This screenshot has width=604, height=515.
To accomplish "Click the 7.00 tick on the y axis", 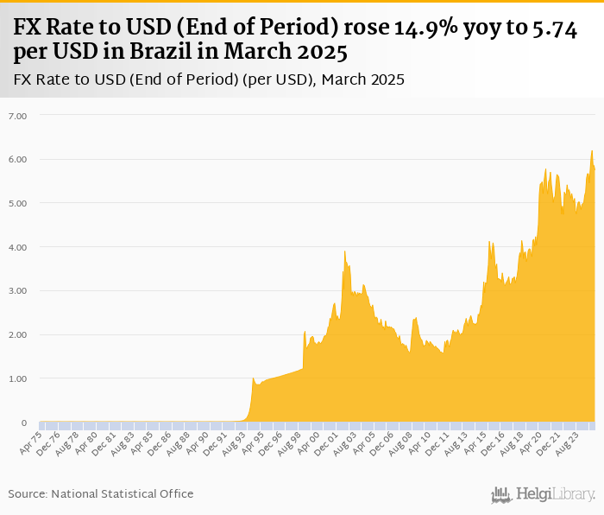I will [x=18, y=115].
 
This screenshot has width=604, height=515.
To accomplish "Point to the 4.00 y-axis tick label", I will [x=18, y=247].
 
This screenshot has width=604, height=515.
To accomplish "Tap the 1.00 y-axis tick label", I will [x=18, y=378].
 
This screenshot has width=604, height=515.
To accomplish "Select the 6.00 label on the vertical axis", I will [x=18, y=159].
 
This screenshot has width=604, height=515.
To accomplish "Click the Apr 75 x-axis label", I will [x=30, y=442].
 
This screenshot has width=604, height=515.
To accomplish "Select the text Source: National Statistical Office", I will [x=101, y=493].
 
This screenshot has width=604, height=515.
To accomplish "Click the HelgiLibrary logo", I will [x=544, y=494].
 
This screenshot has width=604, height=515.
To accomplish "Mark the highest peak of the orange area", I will [x=592, y=151].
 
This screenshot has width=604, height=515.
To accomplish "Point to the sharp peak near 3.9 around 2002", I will [x=344, y=251].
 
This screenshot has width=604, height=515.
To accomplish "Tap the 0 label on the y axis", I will [x=24, y=423].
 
